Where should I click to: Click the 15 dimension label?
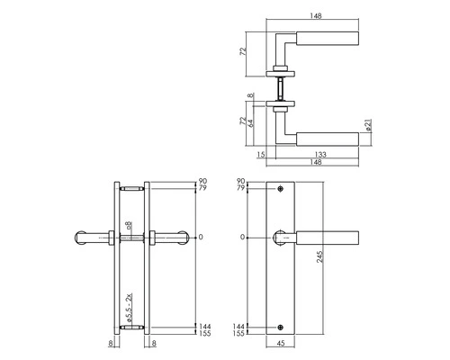(x=262, y=154)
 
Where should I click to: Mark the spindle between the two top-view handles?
(x=282, y=87)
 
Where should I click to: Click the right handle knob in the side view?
(x=176, y=238)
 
